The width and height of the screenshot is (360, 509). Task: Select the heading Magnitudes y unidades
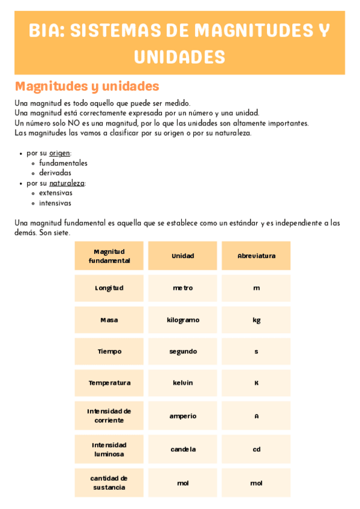(86, 86)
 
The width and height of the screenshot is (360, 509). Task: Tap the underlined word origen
(59, 153)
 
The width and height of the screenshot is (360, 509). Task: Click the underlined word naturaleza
(67, 183)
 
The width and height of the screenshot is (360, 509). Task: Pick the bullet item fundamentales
(63, 163)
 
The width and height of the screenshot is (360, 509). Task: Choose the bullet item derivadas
(55, 173)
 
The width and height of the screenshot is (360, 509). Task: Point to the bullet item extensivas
(56, 193)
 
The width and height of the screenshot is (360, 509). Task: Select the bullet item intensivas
(55, 203)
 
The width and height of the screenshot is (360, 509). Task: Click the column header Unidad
(182, 256)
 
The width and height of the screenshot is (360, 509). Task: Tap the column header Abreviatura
(256, 256)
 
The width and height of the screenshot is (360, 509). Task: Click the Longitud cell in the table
(109, 288)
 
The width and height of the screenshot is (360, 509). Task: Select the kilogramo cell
(182, 320)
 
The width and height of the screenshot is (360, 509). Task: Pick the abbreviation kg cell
(256, 320)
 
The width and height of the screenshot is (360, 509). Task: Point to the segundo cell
(182, 351)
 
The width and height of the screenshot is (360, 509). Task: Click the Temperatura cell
(109, 383)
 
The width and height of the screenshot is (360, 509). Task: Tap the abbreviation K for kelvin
(256, 383)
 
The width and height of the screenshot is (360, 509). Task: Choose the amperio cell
(182, 416)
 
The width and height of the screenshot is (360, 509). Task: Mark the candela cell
(182, 450)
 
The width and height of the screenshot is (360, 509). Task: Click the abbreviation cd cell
(256, 450)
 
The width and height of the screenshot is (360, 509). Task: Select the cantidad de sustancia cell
(109, 483)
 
